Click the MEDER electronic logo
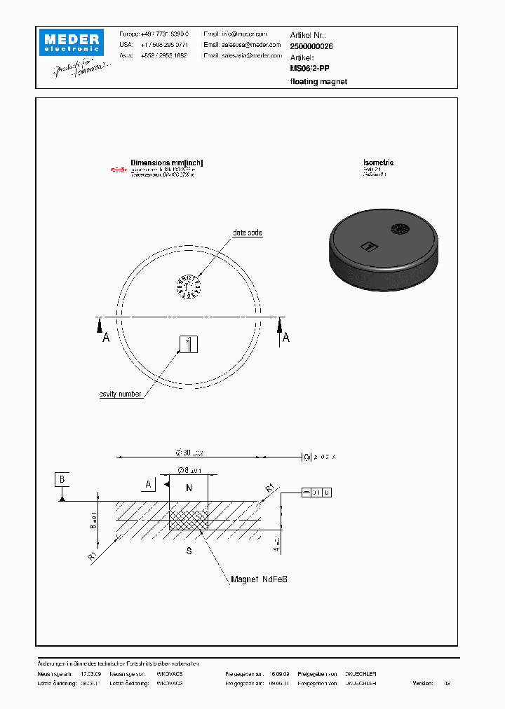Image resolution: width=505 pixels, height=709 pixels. pyautogui.click(x=71, y=42)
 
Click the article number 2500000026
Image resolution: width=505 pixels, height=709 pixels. pyautogui.click(x=312, y=46)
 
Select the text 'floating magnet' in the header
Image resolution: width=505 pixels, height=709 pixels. pyautogui.click(x=318, y=81)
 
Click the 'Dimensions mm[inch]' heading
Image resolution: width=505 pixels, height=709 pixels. pyautogui.click(x=166, y=163)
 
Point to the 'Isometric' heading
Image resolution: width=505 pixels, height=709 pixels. pyautogui.click(x=378, y=163)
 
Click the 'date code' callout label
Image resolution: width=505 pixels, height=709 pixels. pyautogui.click(x=248, y=233)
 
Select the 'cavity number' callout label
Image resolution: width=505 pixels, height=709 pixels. pyautogui.click(x=121, y=394)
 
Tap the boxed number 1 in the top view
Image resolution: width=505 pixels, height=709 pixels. pyautogui.click(x=189, y=344)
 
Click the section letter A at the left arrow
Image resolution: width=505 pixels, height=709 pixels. pyautogui.click(x=107, y=338)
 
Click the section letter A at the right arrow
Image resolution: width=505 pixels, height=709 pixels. pyautogui.click(x=285, y=338)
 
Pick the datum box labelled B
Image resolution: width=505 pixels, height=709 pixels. pyautogui.click(x=62, y=479)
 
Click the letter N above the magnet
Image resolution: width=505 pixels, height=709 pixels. pyautogui.click(x=189, y=487)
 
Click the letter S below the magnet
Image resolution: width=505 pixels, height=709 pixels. pyautogui.click(x=189, y=551)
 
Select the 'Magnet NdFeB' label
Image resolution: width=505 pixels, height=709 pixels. pyautogui.click(x=260, y=579)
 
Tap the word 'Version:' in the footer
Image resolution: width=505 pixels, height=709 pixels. pyautogui.click(x=423, y=682)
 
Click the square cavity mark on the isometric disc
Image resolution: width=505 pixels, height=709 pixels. pyautogui.click(x=368, y=246)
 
